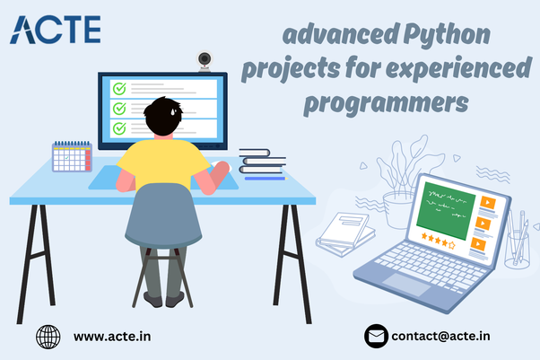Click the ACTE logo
pos(56,30)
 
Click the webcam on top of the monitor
pos(205,61)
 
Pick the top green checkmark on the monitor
pos(118,88)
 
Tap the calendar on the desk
pos(73,156)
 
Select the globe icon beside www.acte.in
pos(48,337)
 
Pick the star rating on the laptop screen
pos(439,242)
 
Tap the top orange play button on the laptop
pos(486,202)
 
